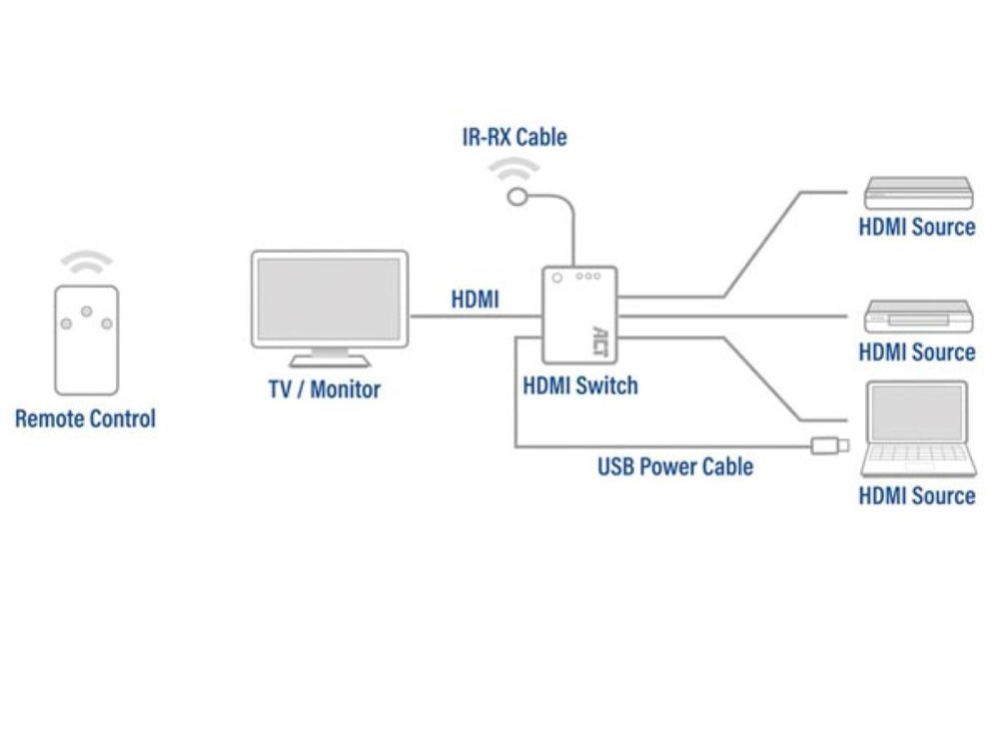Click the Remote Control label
(x=85, y=418)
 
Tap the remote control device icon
(x=86, y=340)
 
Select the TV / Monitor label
(x=325, y=388)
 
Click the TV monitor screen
(x=329, y=298)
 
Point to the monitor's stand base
(x=329, y=361)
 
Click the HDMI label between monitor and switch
(x=475, y=300)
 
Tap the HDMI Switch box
(x=578, y=315)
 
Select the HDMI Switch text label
(x=579, y=385)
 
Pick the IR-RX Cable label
(x=514, y=137)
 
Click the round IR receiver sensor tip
(x=516, y=197)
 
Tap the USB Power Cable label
(x=675, y=465)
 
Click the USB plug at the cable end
(x=831, y=444)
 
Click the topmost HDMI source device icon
(x=917, y=192)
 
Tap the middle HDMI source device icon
(x=917, y=316)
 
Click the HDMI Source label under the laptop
(x=917, y=495)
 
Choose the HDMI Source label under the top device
(x=917, y=227)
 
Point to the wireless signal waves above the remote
(x=86, y=263)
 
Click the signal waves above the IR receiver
(x=513, y=167)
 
